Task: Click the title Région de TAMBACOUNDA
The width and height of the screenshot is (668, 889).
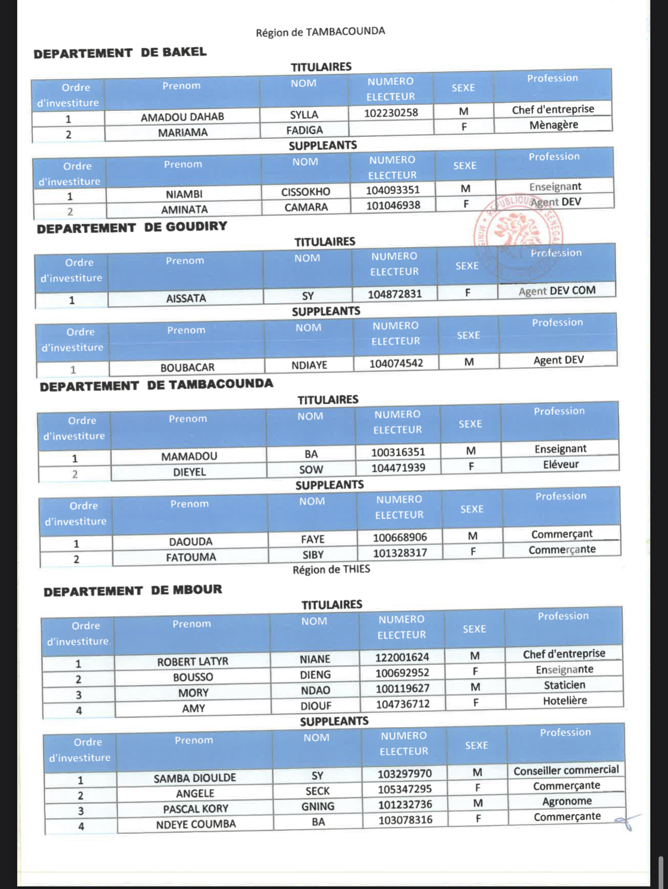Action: (x=320, y=32)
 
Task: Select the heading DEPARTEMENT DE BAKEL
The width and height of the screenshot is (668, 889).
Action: (x=120, y=53)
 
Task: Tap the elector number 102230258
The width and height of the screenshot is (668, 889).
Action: (x=391, y=113)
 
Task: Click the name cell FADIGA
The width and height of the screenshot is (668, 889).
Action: (x=304, y=130)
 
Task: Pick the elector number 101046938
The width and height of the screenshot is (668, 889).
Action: (x=393, y=205)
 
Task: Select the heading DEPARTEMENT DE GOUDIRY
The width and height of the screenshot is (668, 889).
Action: (x=132, y=227)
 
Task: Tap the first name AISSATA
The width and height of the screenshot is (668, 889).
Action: (x=186, y=299)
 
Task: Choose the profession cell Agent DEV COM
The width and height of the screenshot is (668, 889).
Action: (x=557, y=291)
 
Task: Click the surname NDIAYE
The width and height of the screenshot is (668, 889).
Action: (x=309, y=365)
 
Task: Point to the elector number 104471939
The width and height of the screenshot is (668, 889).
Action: (x=398, y=468)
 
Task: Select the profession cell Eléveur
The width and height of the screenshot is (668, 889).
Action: (x=560, y=465)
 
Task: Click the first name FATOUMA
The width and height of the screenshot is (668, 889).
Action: (x=191, y=558)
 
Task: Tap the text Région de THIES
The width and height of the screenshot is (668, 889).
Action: (x=331, y=570)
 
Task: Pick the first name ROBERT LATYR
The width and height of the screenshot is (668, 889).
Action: (x=192, y=662)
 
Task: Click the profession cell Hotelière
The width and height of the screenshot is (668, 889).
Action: (x=564, y=701)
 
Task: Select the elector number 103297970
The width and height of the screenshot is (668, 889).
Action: (x=404, y=774)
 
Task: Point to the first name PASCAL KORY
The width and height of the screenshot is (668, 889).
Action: (x=196, y=809)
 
